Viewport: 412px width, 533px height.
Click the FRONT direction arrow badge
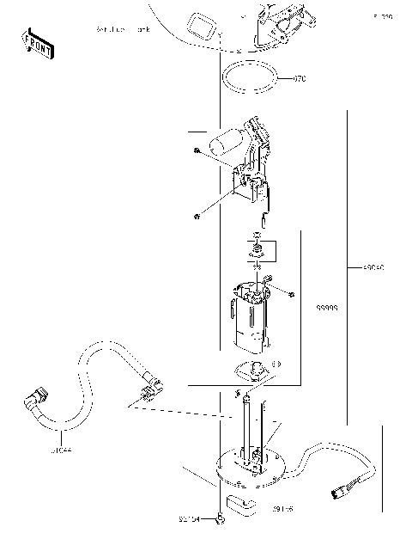pos(38,42)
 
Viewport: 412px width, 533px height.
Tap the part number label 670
pos(300,79)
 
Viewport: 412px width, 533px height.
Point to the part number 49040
pos(373,268)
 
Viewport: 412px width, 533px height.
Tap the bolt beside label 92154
pos(221,518)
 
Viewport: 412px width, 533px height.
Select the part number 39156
pos(284,510)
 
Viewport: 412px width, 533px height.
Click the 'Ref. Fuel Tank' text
pos(124,30)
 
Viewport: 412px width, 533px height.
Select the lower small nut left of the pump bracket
pos(197,215)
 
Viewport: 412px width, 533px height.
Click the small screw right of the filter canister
pos(293,295)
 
